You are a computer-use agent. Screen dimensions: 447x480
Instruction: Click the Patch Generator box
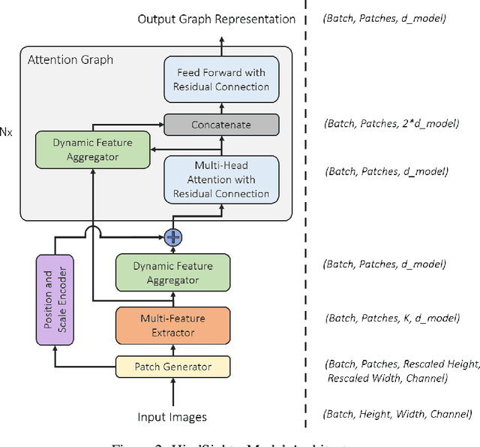click(172, 367)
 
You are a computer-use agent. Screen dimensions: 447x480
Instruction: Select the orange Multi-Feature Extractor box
click(172, 325)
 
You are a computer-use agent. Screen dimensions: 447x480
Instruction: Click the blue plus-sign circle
click(173, 237)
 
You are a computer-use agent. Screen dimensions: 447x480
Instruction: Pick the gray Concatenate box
click(220, 125)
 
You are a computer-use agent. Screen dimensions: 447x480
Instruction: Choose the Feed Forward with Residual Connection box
click(221, 79)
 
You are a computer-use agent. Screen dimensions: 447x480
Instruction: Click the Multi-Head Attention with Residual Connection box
click(221, 180)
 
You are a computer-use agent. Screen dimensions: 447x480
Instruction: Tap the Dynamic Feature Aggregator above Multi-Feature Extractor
click(172, 273)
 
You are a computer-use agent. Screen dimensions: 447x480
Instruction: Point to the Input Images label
click(172, 417)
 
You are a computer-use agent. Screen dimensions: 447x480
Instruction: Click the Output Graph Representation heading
click(217, 19)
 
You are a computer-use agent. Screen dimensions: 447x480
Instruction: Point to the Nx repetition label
click(5, 131)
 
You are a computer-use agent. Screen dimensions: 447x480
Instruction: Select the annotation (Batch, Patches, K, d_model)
click(391, 318)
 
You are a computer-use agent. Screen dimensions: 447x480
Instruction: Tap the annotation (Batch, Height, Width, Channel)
click(397, 414)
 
